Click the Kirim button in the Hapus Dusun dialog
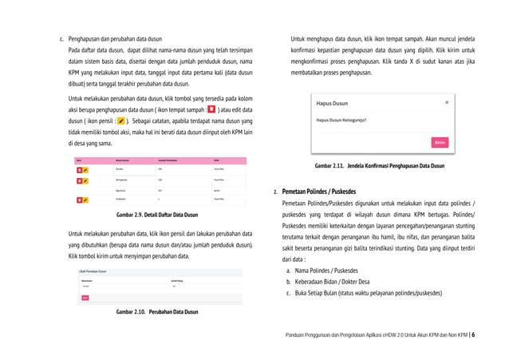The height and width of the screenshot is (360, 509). (440, 143)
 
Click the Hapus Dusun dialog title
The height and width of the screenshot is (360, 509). (331, 104)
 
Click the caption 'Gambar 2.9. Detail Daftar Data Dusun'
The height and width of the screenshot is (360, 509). (157, 216)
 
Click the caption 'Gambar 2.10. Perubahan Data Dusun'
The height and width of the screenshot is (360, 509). (157, 311)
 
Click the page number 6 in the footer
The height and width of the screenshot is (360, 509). (472, 336)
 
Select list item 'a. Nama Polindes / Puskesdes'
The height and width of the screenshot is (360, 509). (326, 271)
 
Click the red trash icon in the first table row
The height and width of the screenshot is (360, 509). (79, 169)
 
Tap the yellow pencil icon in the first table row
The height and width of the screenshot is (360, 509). (85, 169)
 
